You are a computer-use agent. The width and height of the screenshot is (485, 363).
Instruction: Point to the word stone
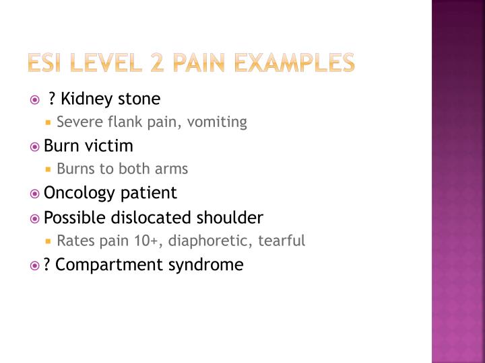coord(139,99)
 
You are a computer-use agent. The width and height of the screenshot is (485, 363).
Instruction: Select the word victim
coord(110,146)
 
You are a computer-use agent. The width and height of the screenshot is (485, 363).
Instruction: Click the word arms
coord(173,169)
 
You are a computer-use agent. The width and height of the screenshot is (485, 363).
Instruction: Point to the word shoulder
coord(230,218)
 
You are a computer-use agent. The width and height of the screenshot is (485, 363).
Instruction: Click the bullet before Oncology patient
coord(35,194)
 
